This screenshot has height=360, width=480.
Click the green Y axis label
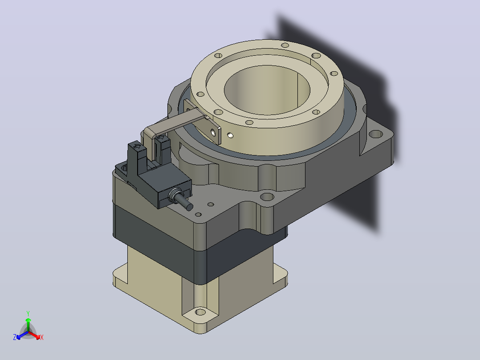click(x=28, y=313)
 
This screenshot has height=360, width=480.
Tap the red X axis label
click(x=42, y=337)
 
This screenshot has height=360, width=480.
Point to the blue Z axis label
click(x=15, y=337)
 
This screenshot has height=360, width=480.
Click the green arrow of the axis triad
click(x=28, y=324)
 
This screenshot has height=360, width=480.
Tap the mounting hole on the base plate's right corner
click(x=376, y=134)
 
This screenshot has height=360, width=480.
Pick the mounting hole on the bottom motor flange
click(x=200, y=312)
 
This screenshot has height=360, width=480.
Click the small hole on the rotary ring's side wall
click(x=230, y=135)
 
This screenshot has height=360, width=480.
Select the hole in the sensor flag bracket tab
click(x=213, y=132)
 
